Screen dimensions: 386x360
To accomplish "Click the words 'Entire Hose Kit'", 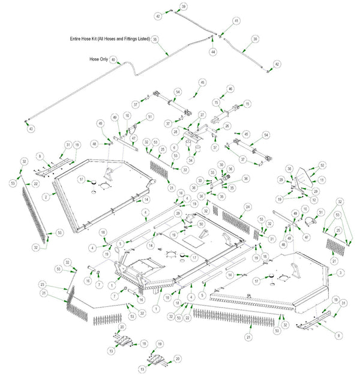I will coord(86,39).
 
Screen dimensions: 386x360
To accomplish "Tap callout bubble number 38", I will coord(155,39).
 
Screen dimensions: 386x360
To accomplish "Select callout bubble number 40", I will coord(112,60).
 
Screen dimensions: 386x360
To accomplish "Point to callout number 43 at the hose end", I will coord(31,128).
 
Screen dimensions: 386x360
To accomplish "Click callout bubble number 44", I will coord(212,53).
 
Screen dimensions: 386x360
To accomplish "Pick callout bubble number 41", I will coord(236,21).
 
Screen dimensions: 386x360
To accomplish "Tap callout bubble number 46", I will coord(230,89).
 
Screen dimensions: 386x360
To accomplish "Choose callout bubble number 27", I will coord(203,114).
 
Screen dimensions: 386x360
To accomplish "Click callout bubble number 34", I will coord(190,160).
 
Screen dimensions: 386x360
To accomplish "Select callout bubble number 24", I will coord(247,207).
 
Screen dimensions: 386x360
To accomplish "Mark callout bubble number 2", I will coord(46,196).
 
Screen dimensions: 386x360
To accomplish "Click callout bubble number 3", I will coord(340,273).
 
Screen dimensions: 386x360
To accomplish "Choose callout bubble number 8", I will coord(40,156).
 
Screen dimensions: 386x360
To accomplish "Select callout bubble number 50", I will coord(201,224).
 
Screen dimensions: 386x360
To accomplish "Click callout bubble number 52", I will coord(322,165).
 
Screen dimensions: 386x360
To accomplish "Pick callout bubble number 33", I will coord(211,173).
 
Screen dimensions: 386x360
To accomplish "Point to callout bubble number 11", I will coord(321,180).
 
